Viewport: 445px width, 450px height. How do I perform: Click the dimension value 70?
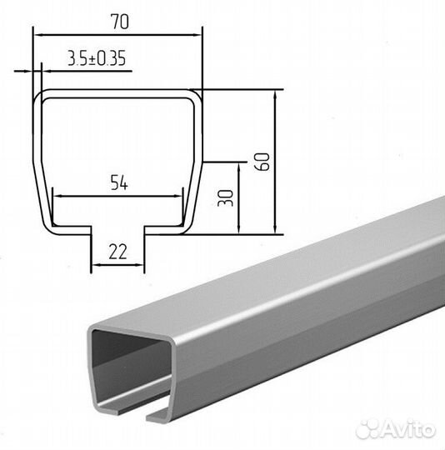(x=120, y=22)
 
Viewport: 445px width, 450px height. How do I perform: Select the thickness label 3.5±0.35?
(x=97, y=58)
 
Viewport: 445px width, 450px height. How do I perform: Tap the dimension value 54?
(x=119, y=182)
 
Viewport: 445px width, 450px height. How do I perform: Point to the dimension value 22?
(x=117, y=252)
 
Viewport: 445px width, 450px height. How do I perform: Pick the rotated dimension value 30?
(x=226, y=198)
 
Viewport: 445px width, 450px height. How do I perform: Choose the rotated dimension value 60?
(x=262, y=162)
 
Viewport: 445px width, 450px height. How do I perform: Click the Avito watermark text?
(x=408, y=430)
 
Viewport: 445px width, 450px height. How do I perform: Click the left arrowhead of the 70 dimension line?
(x=38, y=35)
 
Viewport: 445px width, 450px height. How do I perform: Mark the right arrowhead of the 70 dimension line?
(x=197, y=35)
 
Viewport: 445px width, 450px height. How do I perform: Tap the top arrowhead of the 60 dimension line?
(x=275, y=95)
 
